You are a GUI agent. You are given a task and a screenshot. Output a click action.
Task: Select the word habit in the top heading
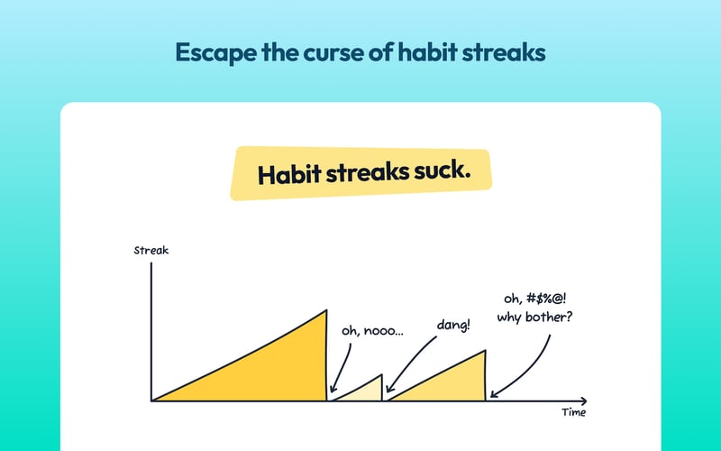426,52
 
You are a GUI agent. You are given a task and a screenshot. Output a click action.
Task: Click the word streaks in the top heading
507,52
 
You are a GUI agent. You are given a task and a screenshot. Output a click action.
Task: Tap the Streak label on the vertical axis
151,250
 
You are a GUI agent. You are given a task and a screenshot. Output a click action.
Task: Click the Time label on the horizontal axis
572,412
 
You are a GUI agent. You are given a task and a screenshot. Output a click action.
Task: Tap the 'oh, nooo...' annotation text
372,331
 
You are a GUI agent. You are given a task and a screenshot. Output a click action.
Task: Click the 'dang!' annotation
452,323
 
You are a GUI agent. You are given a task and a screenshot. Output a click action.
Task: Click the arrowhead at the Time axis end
583,400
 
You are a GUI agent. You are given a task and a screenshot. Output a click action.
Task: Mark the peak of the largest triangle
325,311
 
